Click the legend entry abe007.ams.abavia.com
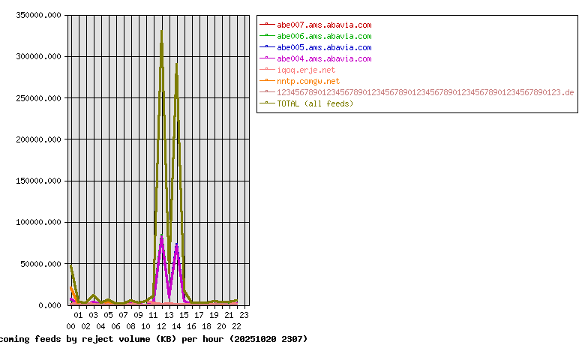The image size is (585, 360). (324, 25)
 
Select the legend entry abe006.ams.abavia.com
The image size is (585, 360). (324, 36)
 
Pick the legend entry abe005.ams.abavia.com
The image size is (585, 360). (324, 47)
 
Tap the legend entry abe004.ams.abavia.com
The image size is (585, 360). (324, 58)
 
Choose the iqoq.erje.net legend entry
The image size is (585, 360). (306, 70)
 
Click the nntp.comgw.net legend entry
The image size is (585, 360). (308, 81)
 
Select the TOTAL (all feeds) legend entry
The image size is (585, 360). (315, 103)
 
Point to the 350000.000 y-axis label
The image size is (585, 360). (37, 15)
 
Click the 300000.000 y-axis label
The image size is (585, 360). (37, 56)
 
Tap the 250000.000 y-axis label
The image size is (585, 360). (37, 98)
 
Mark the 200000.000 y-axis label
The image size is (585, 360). (37, 139)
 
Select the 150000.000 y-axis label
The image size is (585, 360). (37, 181)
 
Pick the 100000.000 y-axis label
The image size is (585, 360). (37, 223)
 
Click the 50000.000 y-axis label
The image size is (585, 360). (39, 264)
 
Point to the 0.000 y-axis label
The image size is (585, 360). (48, 305)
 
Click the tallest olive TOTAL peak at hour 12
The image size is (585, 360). (161, 31)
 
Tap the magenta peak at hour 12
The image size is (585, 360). (161, 237)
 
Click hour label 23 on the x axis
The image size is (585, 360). (244, 315)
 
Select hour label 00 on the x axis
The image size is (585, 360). (70, 326)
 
